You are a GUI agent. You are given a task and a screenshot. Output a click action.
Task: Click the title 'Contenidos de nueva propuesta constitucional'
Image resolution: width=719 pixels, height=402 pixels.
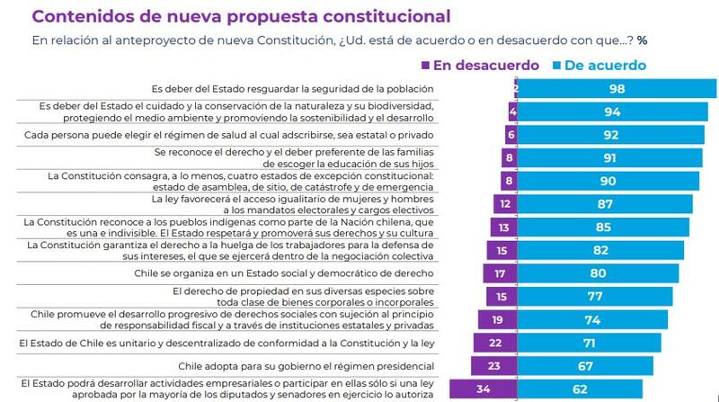[242, 17]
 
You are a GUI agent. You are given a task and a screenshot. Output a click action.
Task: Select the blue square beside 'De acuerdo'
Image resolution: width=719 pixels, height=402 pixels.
[557, 66]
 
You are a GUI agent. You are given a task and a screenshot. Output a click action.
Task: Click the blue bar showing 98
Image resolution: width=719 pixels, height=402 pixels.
[617, 88]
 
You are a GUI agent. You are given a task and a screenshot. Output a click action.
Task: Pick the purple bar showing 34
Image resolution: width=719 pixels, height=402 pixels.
[484, 389]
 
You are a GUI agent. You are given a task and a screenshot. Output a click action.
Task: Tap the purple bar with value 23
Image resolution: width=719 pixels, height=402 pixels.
[494, 366]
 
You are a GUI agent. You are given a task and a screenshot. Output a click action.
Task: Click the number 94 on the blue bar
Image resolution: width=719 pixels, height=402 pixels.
[614, 112]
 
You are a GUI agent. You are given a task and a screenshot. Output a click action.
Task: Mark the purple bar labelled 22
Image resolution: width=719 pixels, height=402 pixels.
[495, 343]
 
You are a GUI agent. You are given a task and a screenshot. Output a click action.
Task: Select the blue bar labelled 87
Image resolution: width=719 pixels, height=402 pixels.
[604, 204]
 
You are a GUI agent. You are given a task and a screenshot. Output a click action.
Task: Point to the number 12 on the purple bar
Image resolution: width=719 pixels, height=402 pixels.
[508, 204]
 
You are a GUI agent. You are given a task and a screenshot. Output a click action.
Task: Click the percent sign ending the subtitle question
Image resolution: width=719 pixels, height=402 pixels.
[643, 40]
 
